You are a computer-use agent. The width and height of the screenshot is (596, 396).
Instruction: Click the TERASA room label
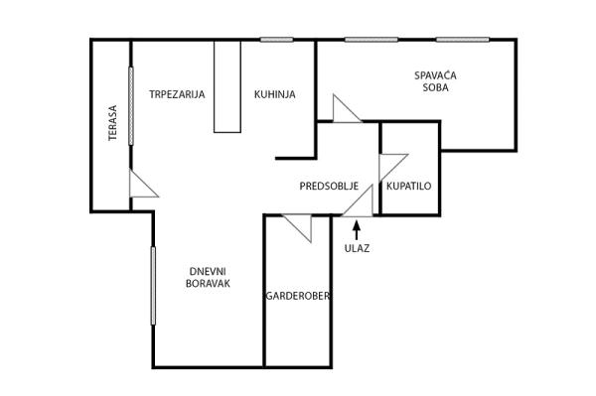113,123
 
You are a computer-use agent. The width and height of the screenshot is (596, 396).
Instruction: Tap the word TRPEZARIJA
177,94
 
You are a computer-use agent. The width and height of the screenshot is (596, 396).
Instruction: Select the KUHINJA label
274,94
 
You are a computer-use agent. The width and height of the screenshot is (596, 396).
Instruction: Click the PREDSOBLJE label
328,186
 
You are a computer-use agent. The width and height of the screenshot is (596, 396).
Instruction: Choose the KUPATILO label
408,186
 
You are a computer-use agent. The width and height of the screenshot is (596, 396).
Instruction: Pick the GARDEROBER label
297,296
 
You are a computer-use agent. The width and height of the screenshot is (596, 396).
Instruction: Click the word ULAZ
357,248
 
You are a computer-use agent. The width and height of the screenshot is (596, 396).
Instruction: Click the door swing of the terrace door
141,186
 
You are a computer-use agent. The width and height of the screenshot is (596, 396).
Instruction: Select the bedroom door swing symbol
345,110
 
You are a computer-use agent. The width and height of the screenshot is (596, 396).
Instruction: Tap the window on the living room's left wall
153,286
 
